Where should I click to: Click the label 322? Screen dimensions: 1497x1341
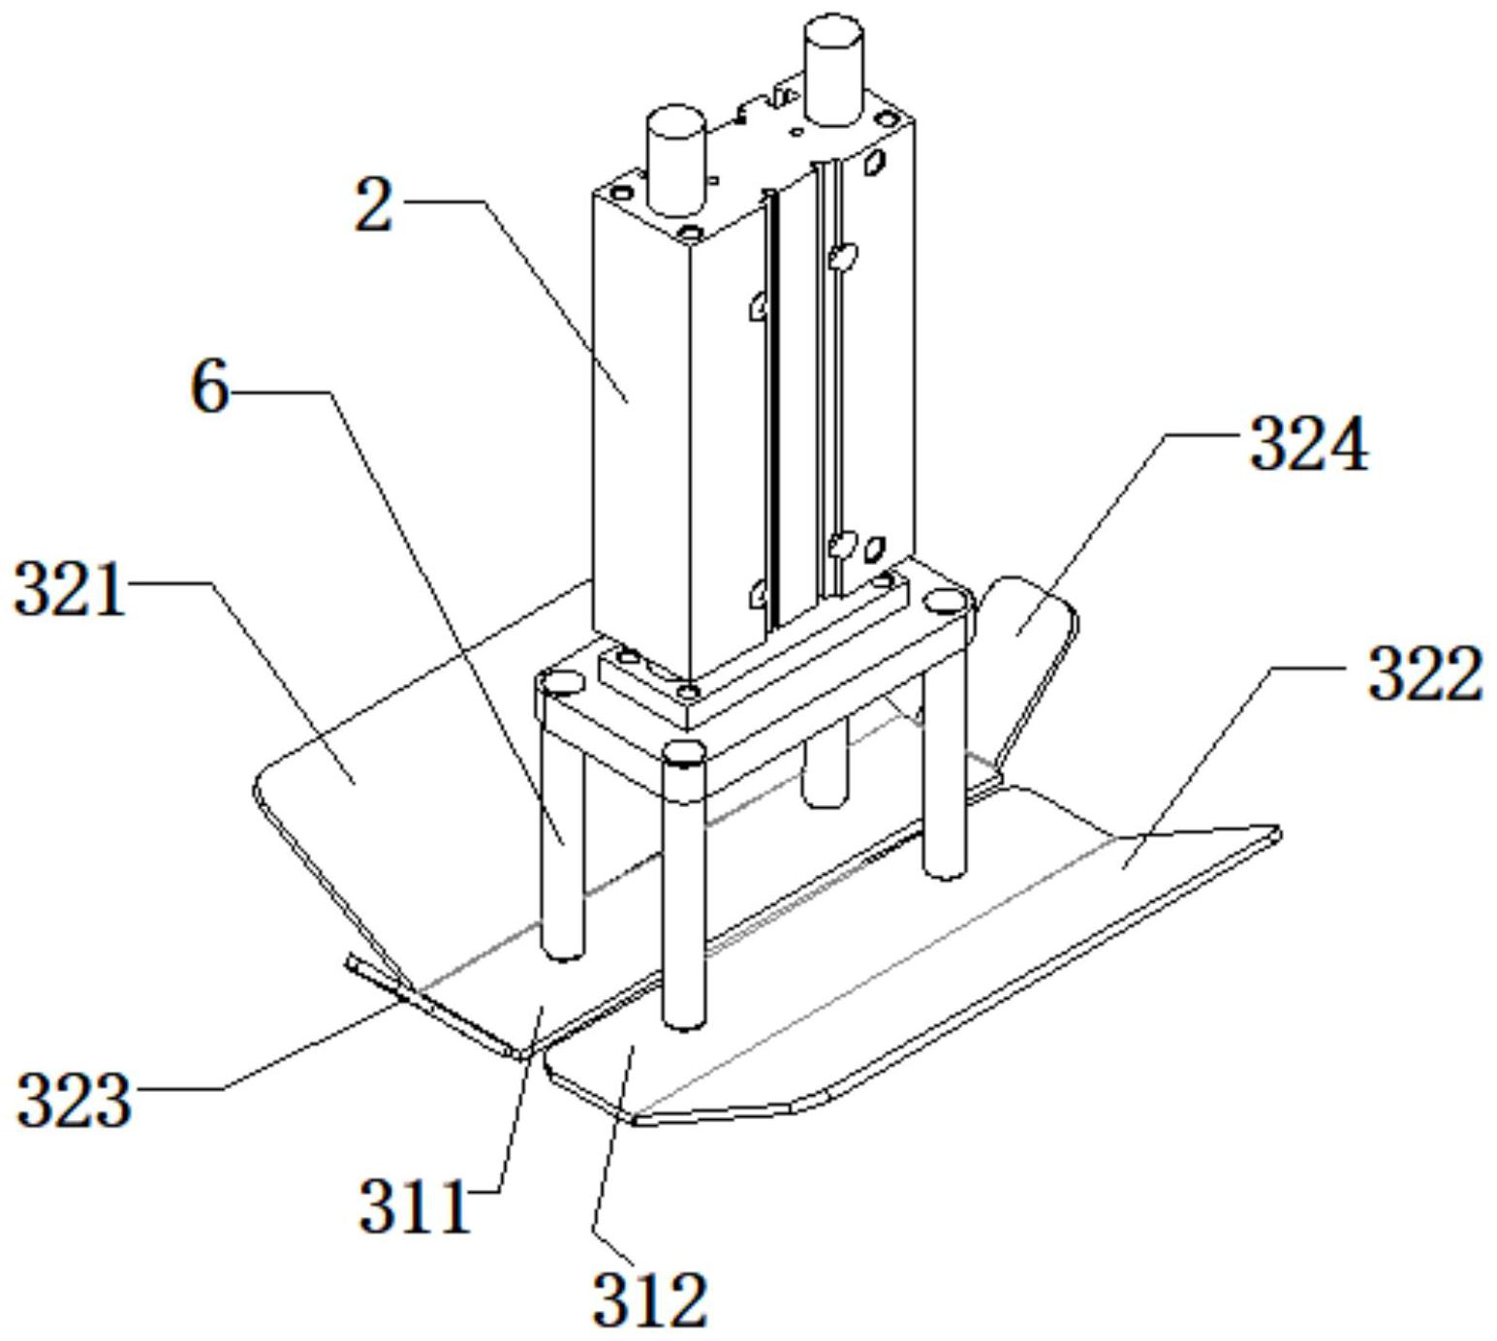[1425, 673]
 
